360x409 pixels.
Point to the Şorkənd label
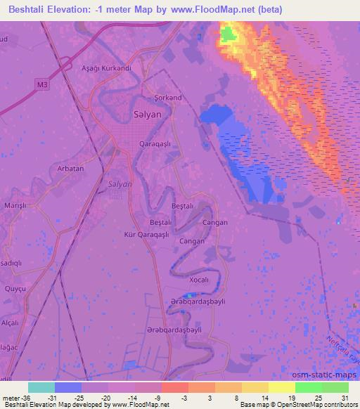tap(168, 97)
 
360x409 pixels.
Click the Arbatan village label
tap(70, 169)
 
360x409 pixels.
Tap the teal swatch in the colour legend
tap(41, 387)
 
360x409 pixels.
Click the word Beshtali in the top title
tap(32, 8)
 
